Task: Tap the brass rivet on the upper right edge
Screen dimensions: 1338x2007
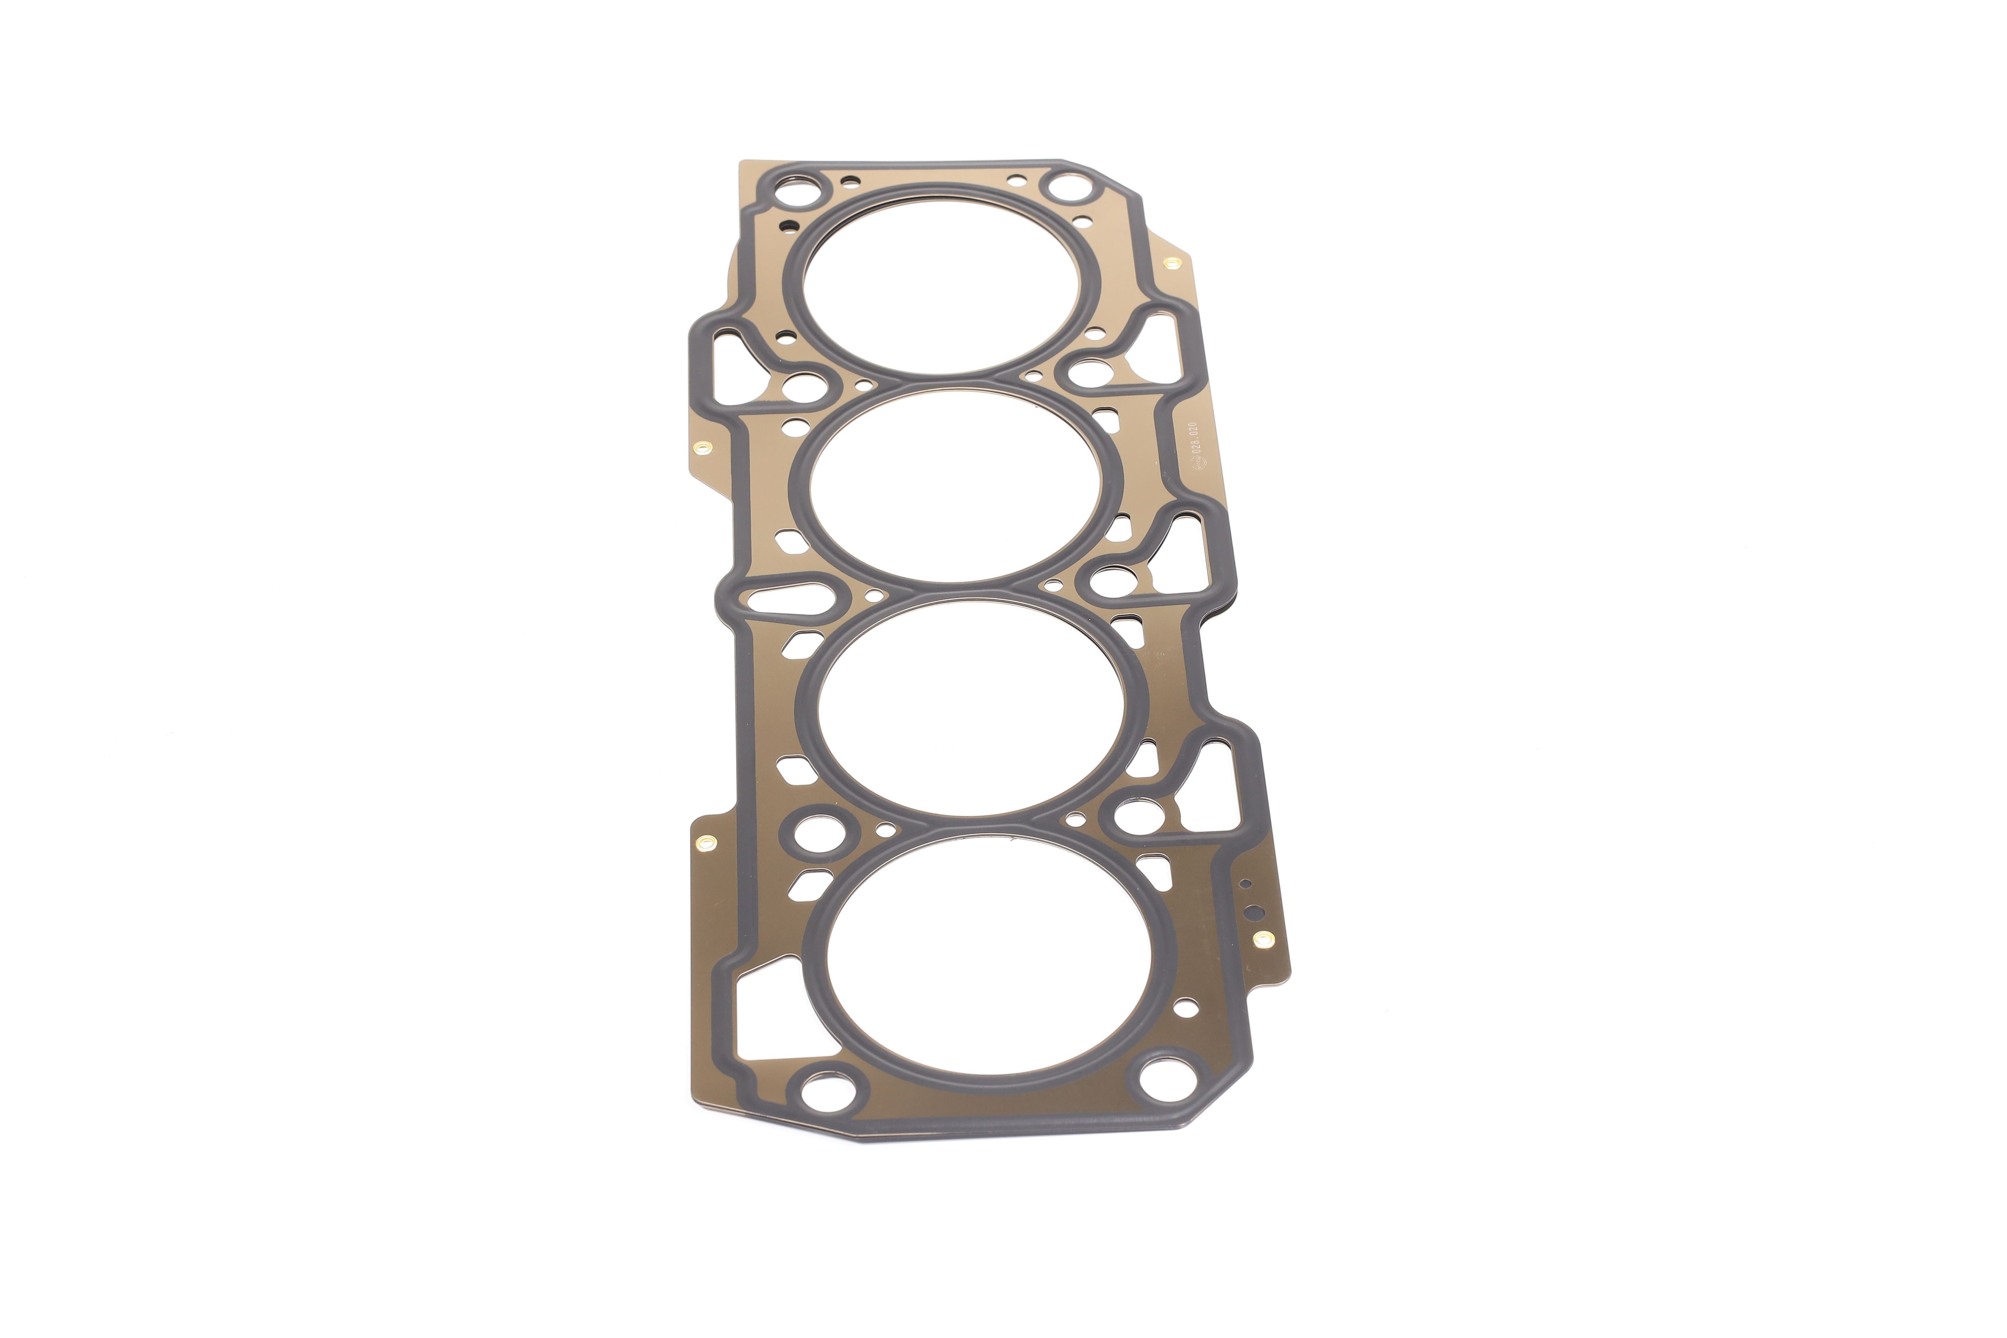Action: click(1170, 263)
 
